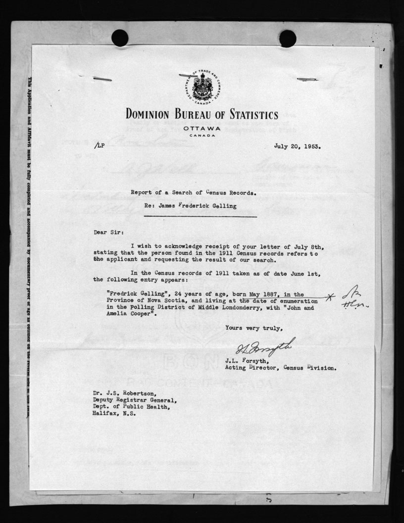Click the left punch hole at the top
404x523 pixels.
119,38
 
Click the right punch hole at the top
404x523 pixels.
288,38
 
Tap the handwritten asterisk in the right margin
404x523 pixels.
331,297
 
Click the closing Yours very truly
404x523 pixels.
254,328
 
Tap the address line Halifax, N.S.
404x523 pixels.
114,414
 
